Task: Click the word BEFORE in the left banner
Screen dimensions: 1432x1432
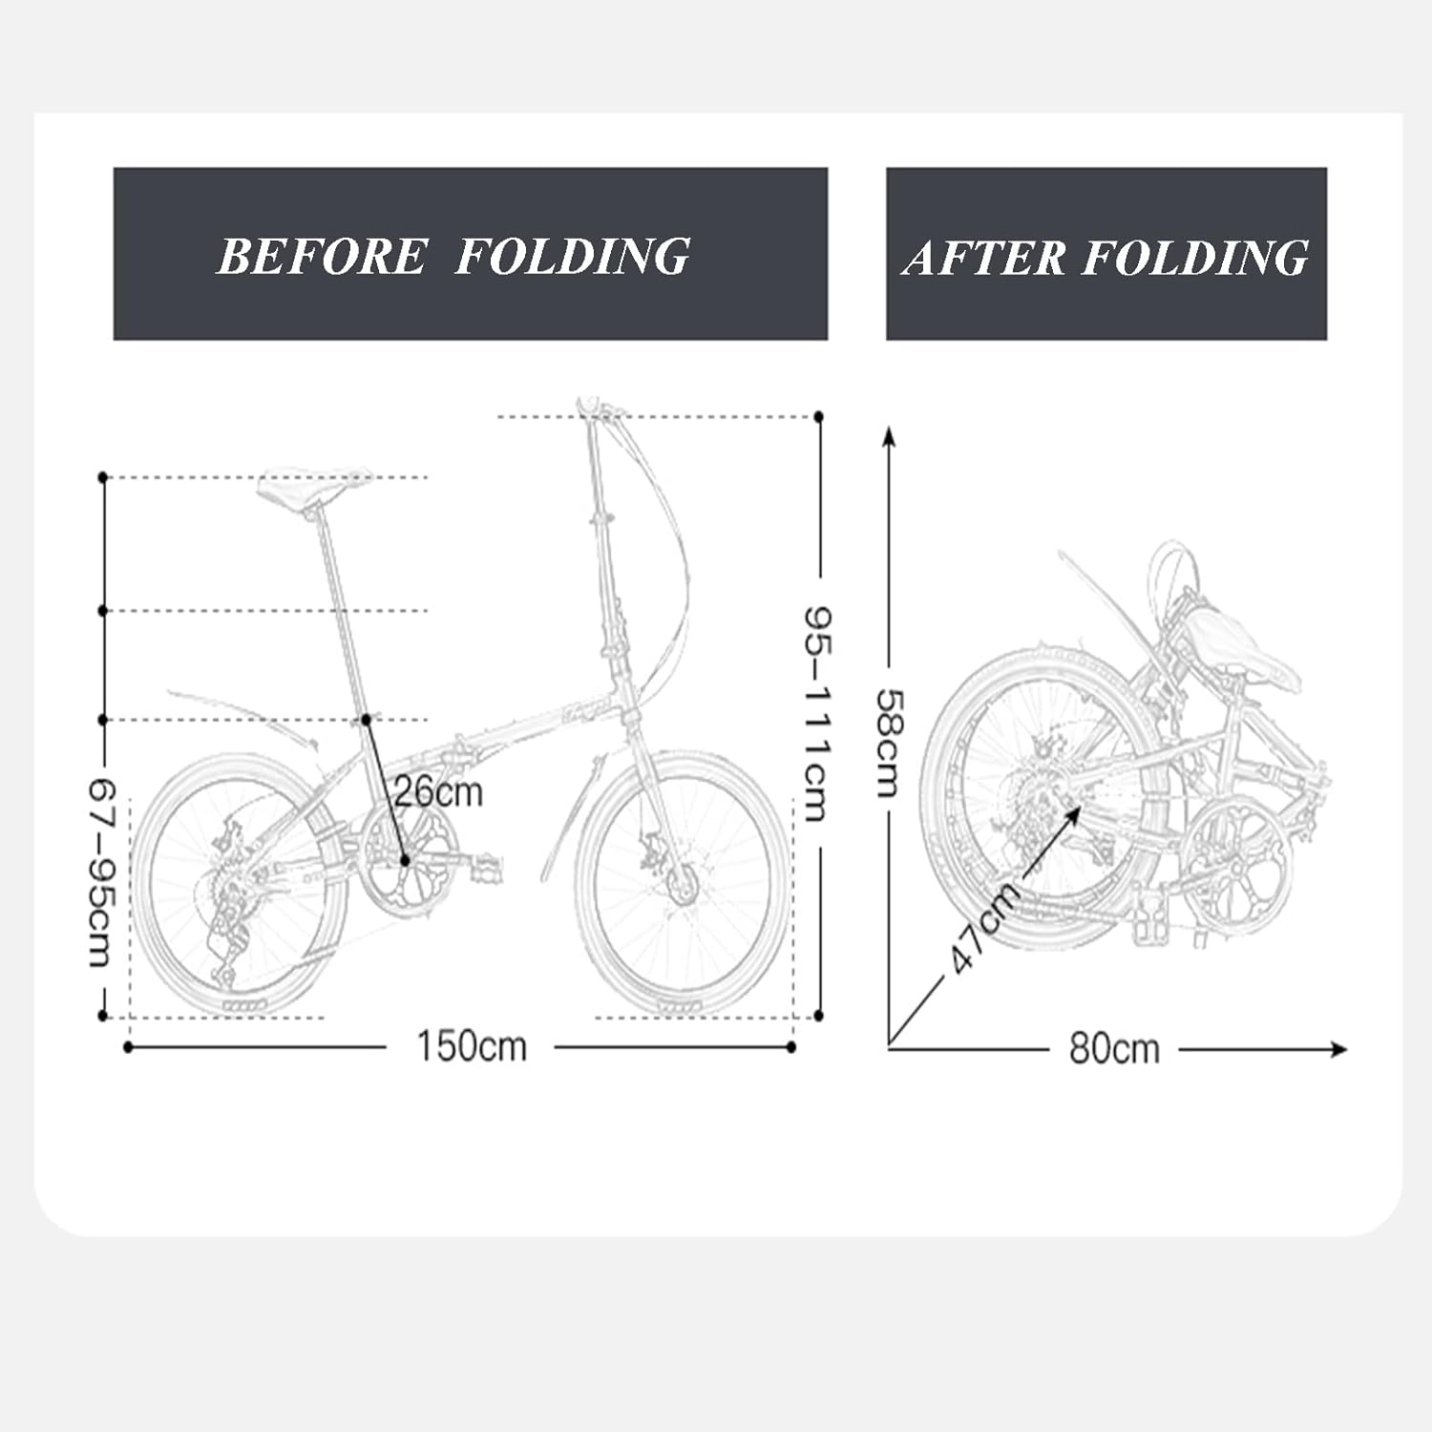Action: click(322, 256)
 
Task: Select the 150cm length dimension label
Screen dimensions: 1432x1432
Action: click(472, 1047)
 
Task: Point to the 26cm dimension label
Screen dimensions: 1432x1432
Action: click(439, 791)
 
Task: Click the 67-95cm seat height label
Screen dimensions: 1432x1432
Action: click(102, 871)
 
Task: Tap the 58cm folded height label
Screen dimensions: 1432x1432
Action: click(888, 743)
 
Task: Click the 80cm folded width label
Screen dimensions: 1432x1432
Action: click(1114, 1049)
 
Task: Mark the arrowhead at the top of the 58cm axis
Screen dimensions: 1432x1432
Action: click(889, 437)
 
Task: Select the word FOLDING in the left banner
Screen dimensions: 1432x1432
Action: click(572, 256)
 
